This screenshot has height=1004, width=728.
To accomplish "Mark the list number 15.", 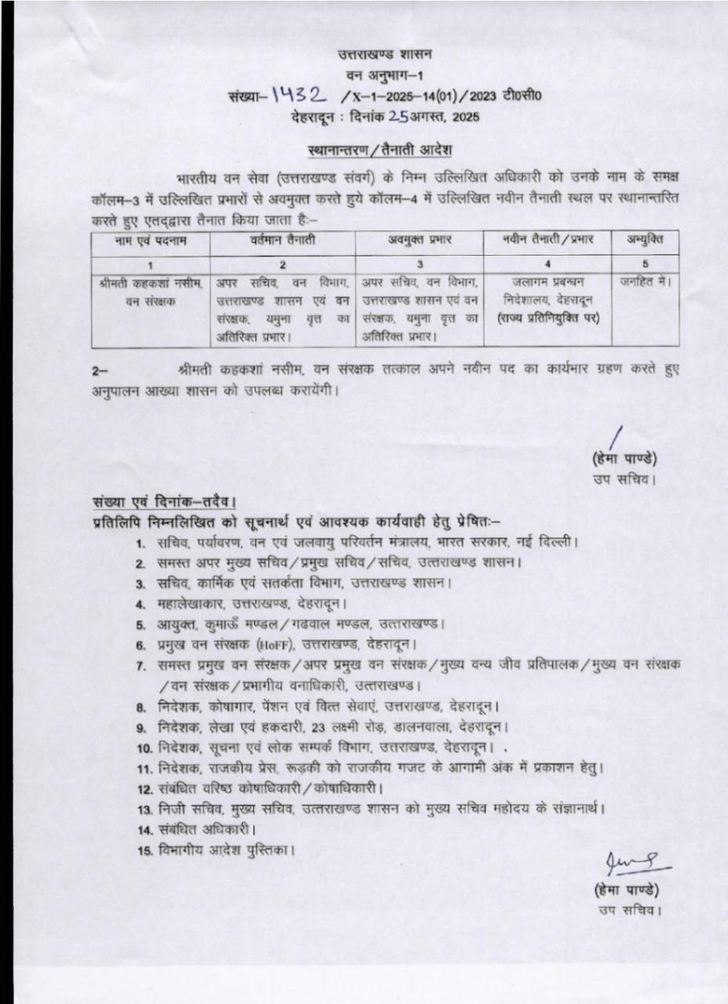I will coord(144,852).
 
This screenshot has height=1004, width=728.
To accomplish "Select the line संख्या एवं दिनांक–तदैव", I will coord(163,501).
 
